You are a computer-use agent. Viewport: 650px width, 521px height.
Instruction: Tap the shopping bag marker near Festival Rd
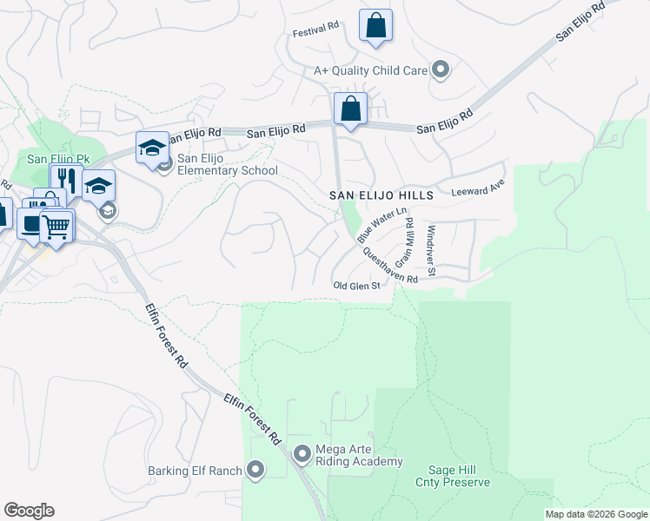click(375, 26)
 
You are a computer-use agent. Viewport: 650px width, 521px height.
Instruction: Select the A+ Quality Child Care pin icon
click(441, 69)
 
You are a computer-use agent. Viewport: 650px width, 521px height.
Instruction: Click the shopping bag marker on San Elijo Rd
click(350, 109)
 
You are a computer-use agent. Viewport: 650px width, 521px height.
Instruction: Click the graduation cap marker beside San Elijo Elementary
click(152, 147)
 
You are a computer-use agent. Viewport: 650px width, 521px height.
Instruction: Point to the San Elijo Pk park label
click(59, 159)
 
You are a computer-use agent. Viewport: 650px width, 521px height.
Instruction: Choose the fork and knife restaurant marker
click(66, 181)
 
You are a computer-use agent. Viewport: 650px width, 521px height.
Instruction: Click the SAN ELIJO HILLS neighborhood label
click(381, 196)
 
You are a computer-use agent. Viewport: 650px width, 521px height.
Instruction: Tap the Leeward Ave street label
click(478, 187)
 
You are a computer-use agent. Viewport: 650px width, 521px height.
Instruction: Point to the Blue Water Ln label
click(381, 224)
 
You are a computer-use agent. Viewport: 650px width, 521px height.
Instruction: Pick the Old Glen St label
click(357, 286)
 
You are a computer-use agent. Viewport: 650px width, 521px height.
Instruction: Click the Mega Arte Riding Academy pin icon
click(302, 453)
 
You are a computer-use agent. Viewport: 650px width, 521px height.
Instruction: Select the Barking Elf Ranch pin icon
click(255, 471)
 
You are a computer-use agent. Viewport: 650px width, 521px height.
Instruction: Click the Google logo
click(30, 511)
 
